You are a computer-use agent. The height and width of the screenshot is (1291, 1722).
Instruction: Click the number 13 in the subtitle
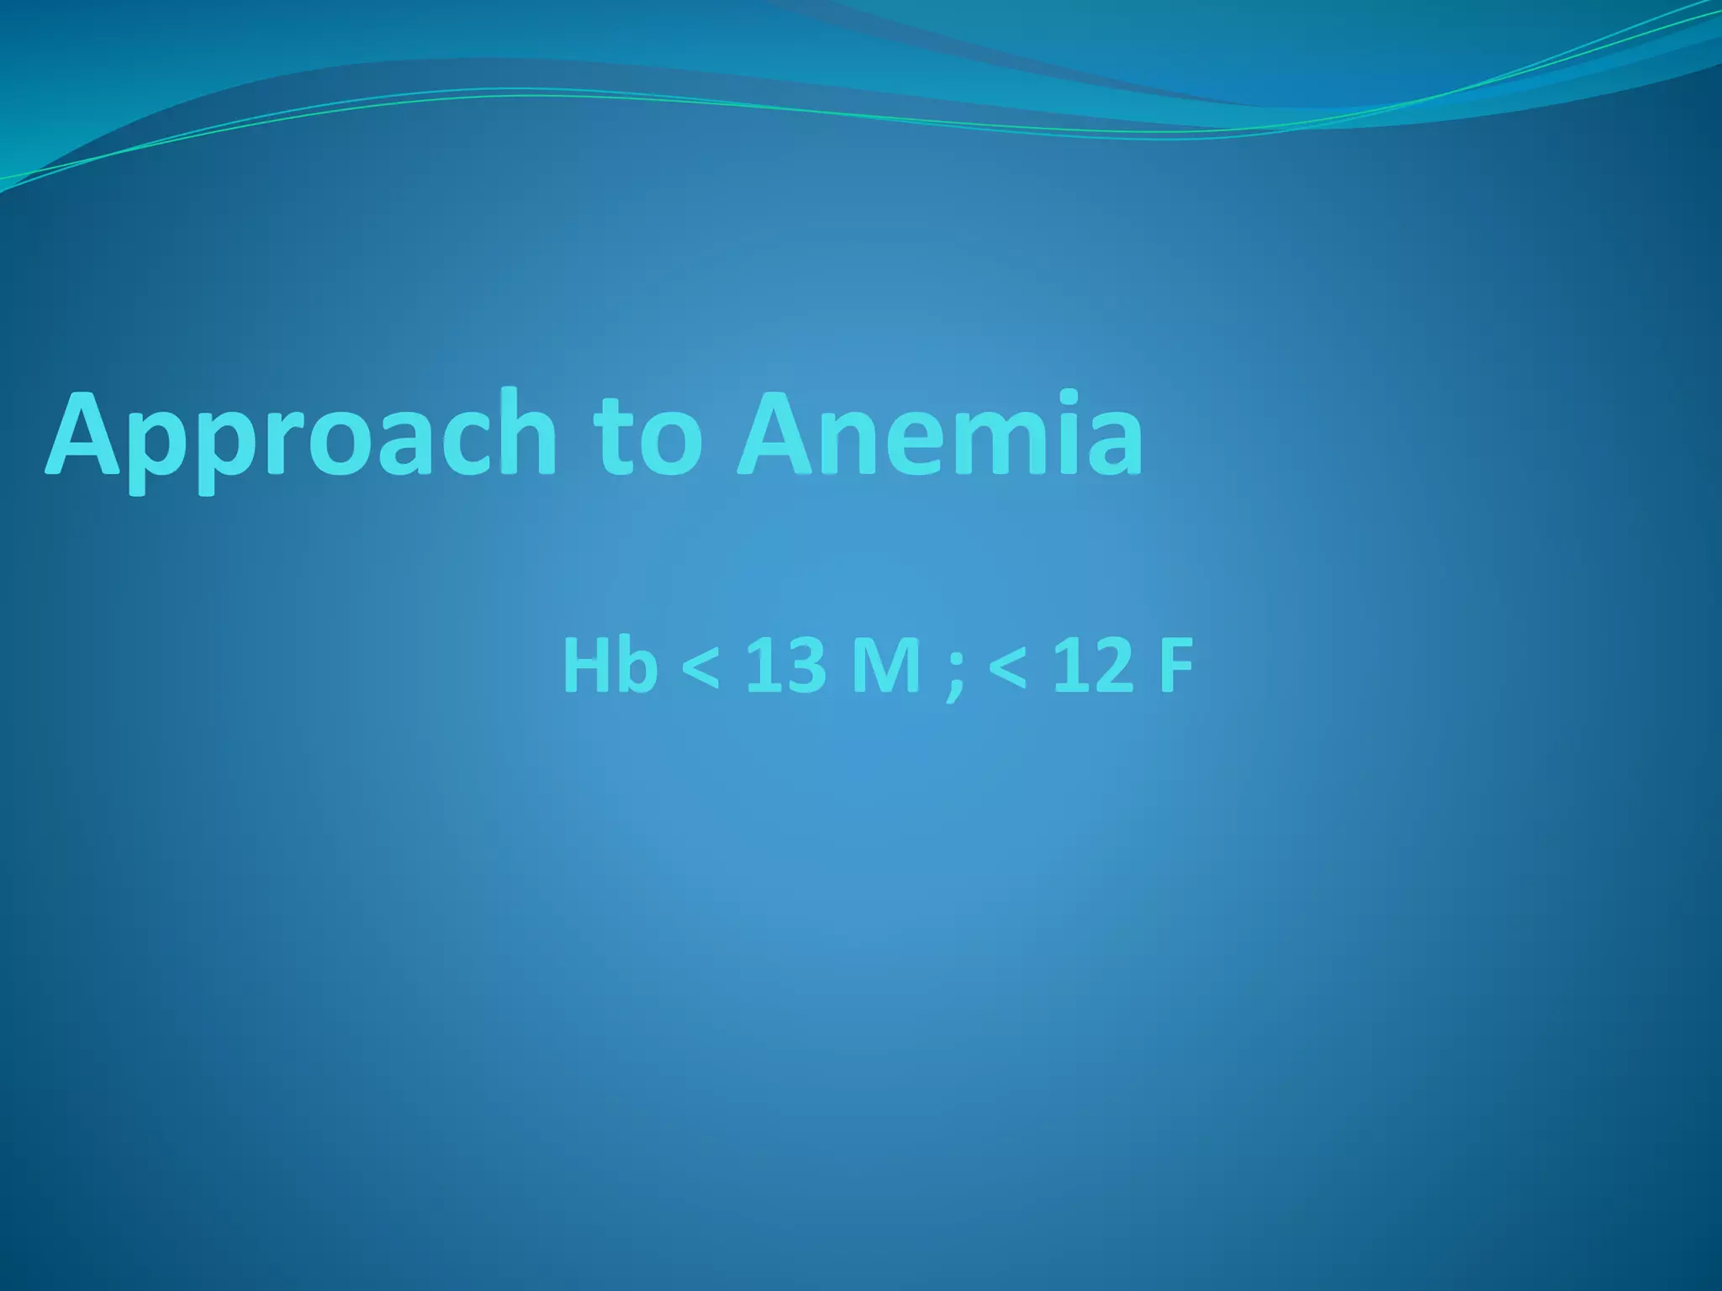point(784,666)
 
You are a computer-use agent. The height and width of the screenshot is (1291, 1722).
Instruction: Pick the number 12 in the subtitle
point(1092,666)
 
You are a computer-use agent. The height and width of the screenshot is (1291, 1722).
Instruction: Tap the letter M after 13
point(886,666)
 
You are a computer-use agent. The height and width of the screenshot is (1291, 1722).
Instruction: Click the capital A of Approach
point(84,435)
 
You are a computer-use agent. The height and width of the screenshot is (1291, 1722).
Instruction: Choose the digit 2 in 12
point(1109,666)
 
